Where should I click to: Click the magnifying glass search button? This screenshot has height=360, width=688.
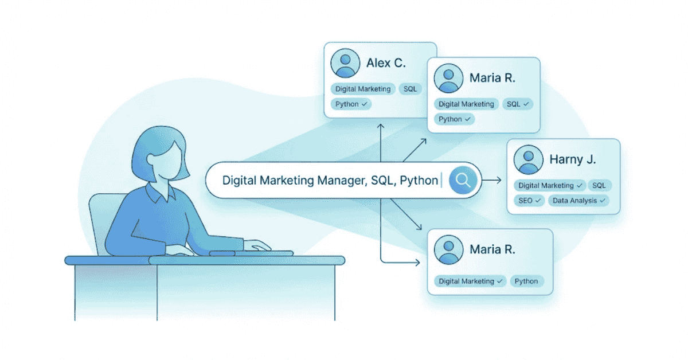(x=463, y=181)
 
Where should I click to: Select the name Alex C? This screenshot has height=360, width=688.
(x=386, y=62)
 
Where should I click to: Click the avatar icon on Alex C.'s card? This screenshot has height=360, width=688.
(x=346, y=63)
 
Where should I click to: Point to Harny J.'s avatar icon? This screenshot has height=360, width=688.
(x=528, y=159)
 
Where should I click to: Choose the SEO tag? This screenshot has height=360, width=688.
(x=530, y=201)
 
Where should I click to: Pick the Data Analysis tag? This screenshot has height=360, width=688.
(x=578, y=201)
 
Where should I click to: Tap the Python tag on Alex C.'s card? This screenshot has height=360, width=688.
(x=351, y=104)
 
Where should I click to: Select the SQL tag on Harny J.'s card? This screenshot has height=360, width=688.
(x=599, y=185)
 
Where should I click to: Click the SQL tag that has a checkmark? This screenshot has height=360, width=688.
(x=518, y=104)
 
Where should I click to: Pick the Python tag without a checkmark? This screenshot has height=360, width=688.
(x=526, y=281)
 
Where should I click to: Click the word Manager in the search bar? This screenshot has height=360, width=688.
(x=339, y=181)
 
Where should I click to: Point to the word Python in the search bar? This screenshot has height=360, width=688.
(x=419, y=181)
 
